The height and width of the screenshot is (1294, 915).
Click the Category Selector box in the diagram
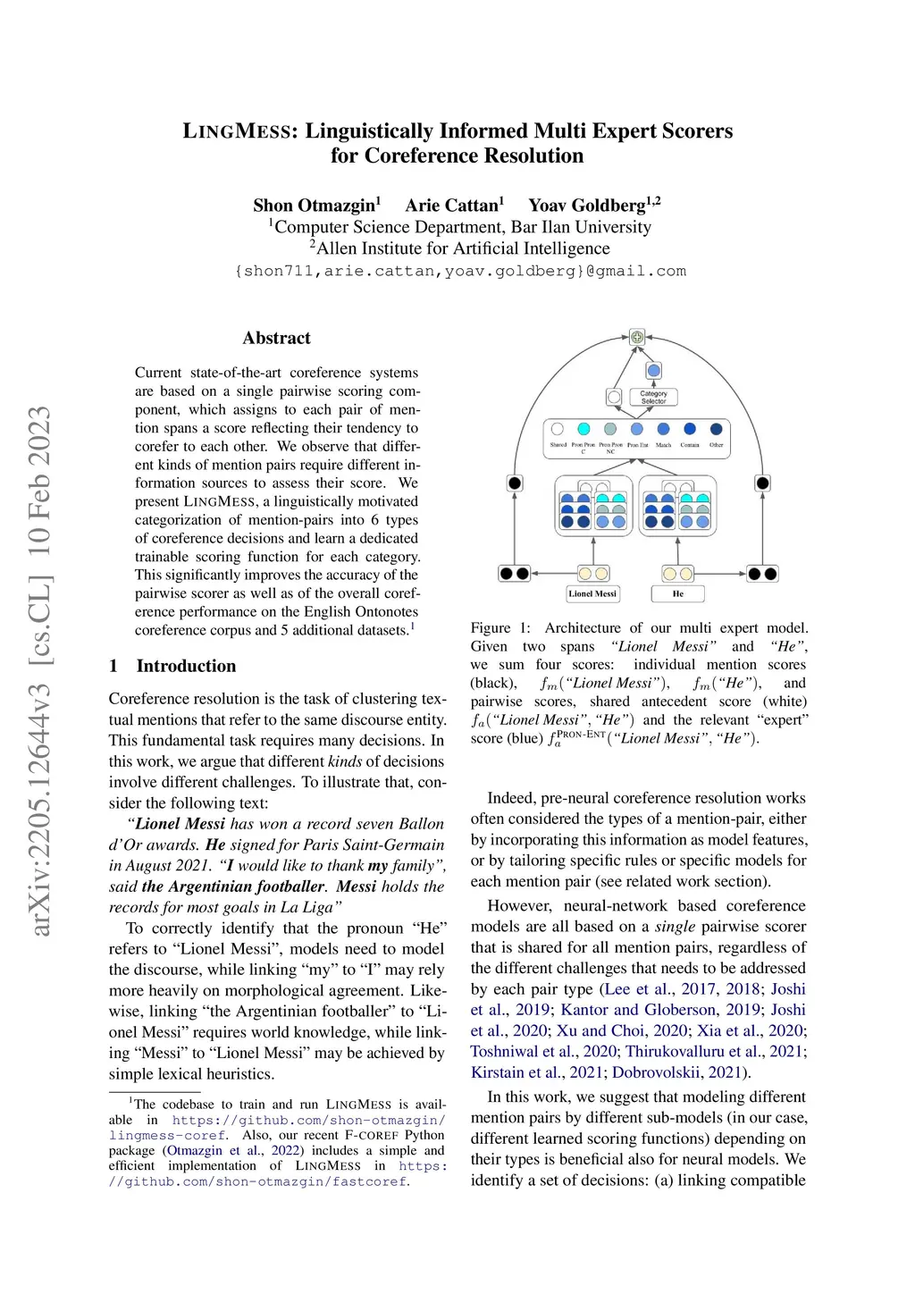[x=653, y=397]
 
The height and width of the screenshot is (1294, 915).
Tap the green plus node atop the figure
[x=637, y=337]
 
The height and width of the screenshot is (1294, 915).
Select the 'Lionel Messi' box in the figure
[x=592, y=593]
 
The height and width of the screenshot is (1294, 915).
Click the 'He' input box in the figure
[x=678, y=593]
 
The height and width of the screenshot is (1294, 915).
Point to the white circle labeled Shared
[x=558, y=430]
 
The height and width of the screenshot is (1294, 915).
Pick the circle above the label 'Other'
[x=716, y=430]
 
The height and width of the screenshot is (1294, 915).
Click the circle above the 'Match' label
[x=663, y=430]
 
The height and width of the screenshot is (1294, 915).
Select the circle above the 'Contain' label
[x=690, y=430]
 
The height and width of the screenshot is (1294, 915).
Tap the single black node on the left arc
[x=515, y=483]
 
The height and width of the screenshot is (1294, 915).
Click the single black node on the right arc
[x=762, y=483]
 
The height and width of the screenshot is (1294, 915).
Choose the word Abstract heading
[x=276, y=338]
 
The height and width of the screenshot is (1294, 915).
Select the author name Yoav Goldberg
[x=588, y=206]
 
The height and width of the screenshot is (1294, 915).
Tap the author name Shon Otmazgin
[x=315, y=206]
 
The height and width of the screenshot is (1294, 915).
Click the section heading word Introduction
[x=186, y=666]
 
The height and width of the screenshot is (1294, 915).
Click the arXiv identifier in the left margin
[x=40, y=670]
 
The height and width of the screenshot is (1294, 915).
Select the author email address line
[x=459, y=271]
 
